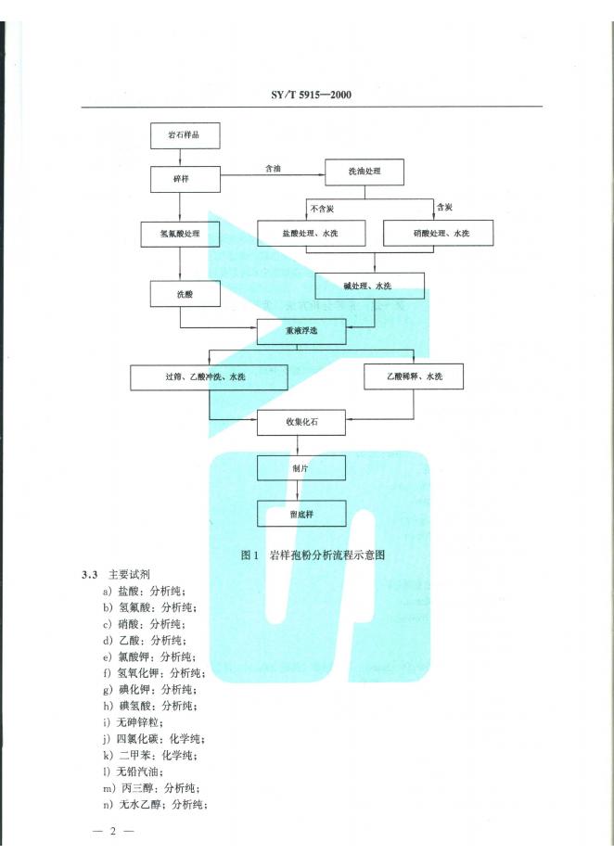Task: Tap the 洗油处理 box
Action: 364,172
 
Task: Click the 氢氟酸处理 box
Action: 182,234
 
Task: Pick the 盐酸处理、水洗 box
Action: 310,233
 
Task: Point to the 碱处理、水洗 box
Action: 370,285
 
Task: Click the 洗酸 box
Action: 185,294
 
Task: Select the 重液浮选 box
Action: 301,330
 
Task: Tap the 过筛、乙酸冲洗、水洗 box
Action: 210,376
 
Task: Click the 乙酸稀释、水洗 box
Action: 413,376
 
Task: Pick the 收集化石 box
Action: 302,423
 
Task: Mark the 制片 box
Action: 302,468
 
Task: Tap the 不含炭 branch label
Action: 323,209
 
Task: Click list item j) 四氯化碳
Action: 155,738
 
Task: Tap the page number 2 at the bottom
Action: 114,830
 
